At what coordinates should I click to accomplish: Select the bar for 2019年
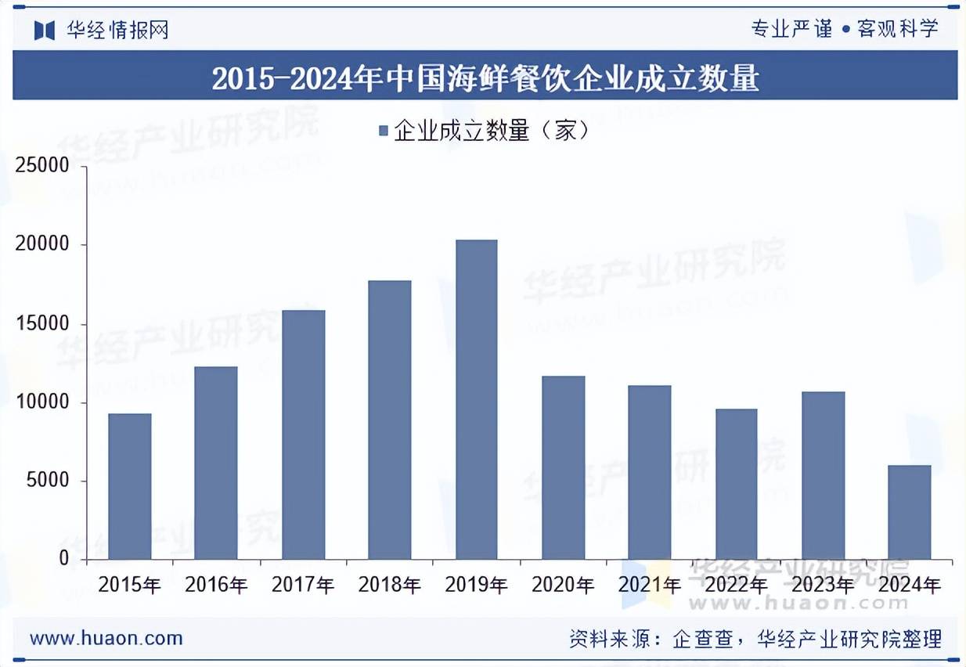click(476, 399)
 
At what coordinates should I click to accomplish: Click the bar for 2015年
click(129, 486)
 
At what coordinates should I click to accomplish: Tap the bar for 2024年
click(910, 512)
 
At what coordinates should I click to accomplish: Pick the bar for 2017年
click(303, 434)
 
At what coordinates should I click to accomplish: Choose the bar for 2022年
click(736, 484)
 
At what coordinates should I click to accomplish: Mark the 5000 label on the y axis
click(49, 481)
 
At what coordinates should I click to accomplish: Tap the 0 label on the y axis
click(64, 559)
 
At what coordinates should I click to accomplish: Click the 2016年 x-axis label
click(216, 585)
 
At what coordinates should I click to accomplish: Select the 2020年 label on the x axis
click(563, 585)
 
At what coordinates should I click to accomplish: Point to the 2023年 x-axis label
click(823, 585)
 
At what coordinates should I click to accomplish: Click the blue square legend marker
click(384, 131)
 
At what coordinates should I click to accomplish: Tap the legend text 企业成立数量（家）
click(491, 131)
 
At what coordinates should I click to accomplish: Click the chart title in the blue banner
click(485, 78)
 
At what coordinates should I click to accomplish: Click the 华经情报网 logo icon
click(44, 31)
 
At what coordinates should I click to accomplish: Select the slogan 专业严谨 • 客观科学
click(844, 30)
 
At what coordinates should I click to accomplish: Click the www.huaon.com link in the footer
click(106, 638)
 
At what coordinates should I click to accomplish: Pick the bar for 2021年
click(649, 472)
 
